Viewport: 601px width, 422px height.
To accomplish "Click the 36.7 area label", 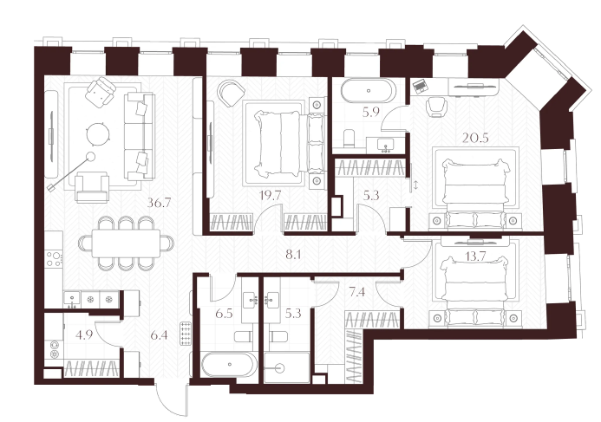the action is point(159,203).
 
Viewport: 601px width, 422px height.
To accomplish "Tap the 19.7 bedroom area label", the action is point(270,195).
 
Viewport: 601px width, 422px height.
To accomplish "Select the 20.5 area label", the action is point(475,138).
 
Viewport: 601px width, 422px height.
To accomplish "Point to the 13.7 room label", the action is point(475,256).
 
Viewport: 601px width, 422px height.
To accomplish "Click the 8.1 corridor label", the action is point(293,254).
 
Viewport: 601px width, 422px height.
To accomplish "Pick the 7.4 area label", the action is point(356,293).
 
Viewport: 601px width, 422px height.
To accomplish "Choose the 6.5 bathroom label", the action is point(224,314).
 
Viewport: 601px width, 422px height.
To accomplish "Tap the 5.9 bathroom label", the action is point(370,112).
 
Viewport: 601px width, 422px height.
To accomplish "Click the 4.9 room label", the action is point(84,335).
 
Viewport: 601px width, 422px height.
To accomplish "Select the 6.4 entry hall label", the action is point(159,335).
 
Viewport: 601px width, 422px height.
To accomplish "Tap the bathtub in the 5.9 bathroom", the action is point(368,91).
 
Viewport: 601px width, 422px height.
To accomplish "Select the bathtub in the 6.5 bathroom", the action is point(229,365).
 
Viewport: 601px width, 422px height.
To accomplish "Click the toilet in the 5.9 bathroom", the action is point(349,139).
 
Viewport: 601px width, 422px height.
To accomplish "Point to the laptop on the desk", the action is point(420,86).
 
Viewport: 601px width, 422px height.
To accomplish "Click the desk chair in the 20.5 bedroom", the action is point(435,107).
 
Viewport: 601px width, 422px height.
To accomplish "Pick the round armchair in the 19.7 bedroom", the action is point(231,94).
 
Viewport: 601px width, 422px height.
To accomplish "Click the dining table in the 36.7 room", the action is point(126,243).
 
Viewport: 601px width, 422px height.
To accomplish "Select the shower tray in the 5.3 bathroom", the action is point(287,367).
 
